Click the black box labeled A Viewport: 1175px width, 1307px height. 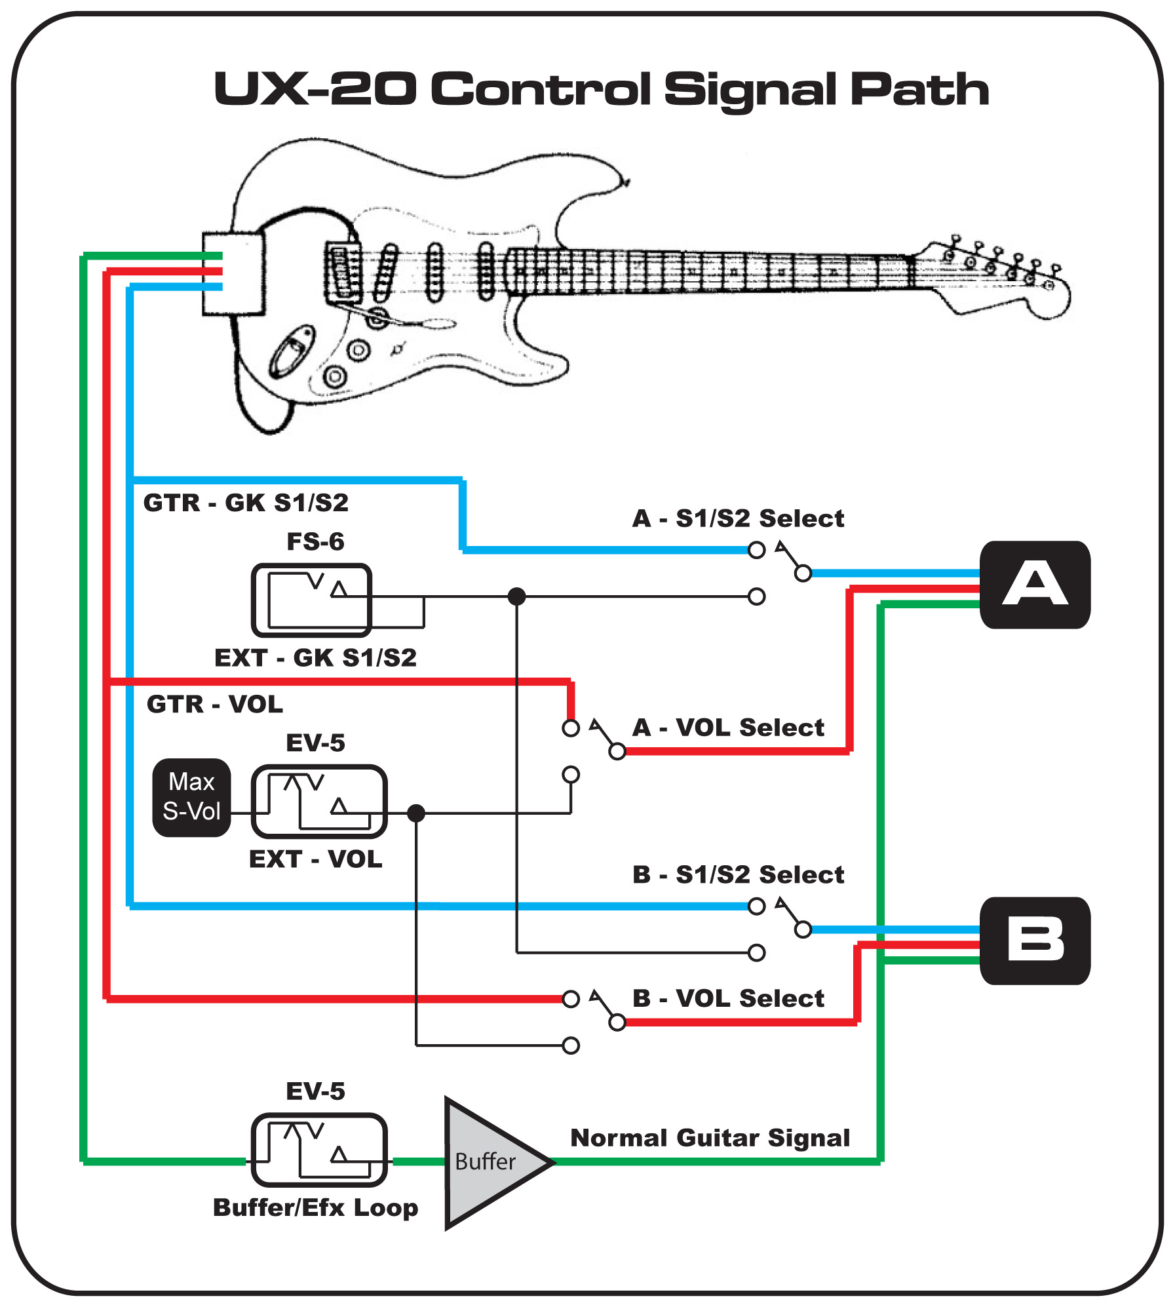tap(1034, 584)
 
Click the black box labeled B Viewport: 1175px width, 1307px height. tap(1034, 941)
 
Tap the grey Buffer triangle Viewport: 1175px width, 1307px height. tap(488, 1162)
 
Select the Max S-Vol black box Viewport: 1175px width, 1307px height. tap(191, 797)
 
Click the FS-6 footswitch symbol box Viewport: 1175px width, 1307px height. tap(312, 600)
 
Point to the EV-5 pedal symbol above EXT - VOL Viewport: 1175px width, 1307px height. tap(319, 801)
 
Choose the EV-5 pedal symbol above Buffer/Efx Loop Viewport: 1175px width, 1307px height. tap(319, 1150)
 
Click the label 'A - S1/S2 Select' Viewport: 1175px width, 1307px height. tap(738, 518)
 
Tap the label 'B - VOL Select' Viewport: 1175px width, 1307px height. tap(728, 998)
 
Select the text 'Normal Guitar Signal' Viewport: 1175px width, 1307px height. tap(710, 1138)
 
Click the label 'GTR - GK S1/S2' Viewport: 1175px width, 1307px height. tap(246, 503)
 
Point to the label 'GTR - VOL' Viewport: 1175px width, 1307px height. tap(215, 704)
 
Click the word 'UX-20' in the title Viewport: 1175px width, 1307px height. tap(315, 88)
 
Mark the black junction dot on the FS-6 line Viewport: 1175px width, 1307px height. tap(517, 596)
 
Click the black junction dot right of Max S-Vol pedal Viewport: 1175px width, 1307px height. tap(416, 813)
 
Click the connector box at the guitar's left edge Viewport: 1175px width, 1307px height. tap(233, 273)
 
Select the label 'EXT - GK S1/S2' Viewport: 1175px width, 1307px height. tap(315, 657)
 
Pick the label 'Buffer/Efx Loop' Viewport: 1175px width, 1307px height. tap(315, 1207)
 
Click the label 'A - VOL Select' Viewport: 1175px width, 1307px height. tap(728, 728)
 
